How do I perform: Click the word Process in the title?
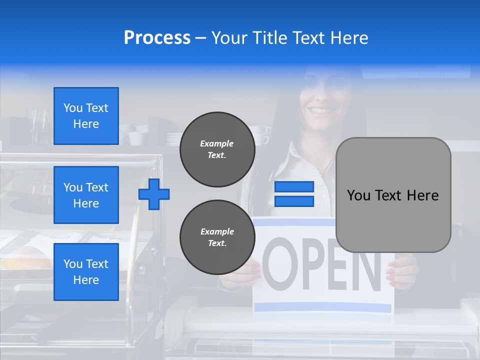(x=157, y=38)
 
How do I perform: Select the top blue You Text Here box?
(x=86, y=116)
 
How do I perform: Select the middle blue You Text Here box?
(x=86, y=195)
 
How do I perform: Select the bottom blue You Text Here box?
(x=86, y=272)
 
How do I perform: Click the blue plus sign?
(x=154, y=194)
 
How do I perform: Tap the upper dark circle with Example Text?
(x=217, y=149)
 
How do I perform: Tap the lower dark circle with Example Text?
(x=217, y=237)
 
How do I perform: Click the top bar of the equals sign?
(x=294, y=187)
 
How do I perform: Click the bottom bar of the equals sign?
(x=294, y=201)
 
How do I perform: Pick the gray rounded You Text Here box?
(x=393, y=195)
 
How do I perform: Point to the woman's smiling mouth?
(x=320, y=109)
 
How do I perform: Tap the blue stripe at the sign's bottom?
(x=322, y=306)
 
